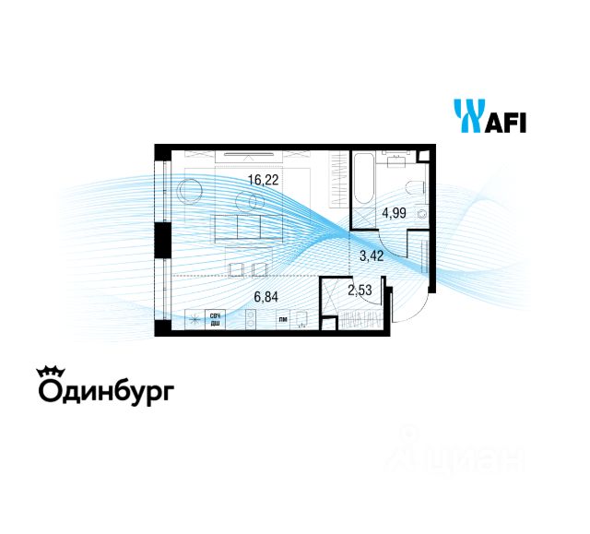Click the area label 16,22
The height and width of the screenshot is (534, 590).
pyautogui.click(x=264, y=182)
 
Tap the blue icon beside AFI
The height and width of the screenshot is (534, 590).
pyautogui.click(x=467, y=116)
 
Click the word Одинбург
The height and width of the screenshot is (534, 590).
pyautogui.click(x=105, y=392)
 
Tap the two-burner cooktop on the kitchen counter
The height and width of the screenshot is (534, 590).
pyautogui.click(x=252, y=320)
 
